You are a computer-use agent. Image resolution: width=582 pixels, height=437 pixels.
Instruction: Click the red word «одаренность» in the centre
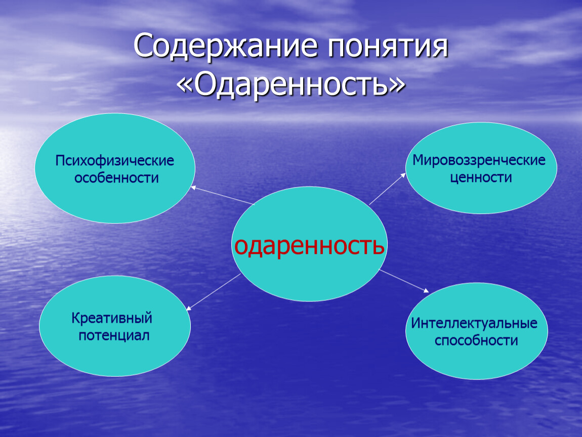click(x=309, y=246)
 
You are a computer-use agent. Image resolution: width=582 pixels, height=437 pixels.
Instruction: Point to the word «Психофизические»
click(x=115, y=161)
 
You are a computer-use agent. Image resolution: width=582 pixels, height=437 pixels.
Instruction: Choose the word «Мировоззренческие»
click(x=479, y=161)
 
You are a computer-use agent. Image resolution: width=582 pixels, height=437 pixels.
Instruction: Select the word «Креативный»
click(x=112, y=319)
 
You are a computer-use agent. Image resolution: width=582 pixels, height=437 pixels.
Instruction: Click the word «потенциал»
click(x=114, y=335)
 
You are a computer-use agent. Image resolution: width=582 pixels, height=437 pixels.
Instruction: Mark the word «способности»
click(x=476, y=340)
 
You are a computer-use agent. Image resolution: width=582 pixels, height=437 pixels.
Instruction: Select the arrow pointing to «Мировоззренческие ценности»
click(x=387, y=189)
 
